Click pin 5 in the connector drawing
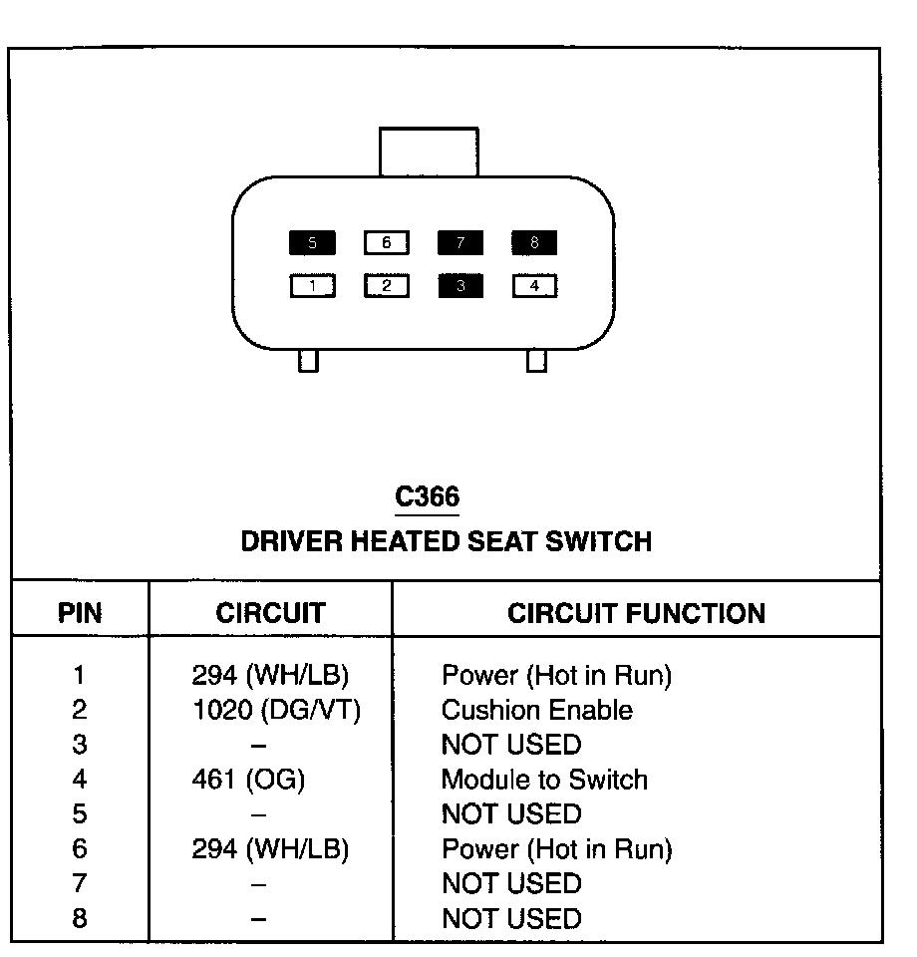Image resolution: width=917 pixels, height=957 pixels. point(312,242)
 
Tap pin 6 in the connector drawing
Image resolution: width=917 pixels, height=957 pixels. point(387,242)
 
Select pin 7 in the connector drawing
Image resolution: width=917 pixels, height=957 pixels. point(460,242)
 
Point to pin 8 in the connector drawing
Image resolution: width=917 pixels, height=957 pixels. point(534,242)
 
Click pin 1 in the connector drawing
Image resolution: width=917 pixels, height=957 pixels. point(312,287)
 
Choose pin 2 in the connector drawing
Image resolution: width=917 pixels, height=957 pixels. point(387,287)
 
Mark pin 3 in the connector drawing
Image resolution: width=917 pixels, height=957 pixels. point(460,287)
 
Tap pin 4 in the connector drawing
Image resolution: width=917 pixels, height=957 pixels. point(534,287)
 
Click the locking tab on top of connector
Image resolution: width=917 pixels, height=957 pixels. point(429,152)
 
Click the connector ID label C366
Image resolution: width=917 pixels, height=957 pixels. point(428,496)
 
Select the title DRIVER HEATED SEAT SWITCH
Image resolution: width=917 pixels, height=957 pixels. point(447,541)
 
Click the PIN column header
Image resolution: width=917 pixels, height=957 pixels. point(80,613)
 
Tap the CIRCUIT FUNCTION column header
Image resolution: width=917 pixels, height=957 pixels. point(636,613)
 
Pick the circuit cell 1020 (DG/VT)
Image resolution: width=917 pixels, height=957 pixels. point(275,711)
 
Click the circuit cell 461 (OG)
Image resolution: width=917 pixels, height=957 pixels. point(248,780)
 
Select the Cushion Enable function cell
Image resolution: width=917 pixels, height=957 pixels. point(536,711)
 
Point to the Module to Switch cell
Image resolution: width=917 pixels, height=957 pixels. point(544,780)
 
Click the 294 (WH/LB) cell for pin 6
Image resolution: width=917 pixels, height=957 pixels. point(270,849)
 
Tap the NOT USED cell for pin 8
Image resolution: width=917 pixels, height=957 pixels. point(510,918)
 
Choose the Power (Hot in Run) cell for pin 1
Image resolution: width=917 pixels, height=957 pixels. point(556,676)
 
